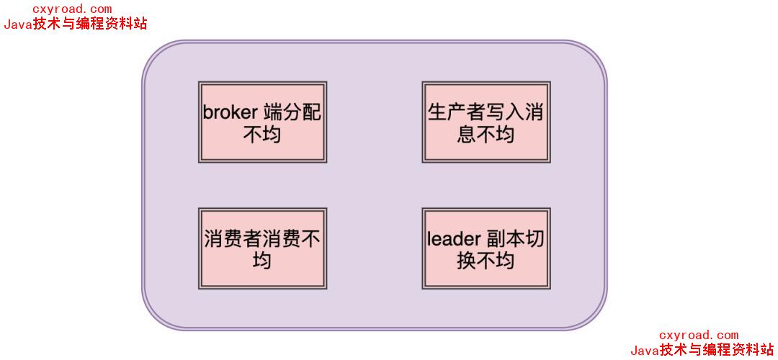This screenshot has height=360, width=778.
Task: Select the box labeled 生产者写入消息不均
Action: click(x=486, y=122)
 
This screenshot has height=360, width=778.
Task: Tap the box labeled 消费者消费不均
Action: click(x=262, y=249)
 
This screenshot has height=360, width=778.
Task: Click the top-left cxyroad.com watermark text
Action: click(x=72, y=9)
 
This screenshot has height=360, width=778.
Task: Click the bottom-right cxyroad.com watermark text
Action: click(x=699, y=335)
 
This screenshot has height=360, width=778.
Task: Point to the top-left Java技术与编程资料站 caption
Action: click(x=76, y=24)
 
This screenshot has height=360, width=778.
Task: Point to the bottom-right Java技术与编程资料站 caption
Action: click(x=702, y=351)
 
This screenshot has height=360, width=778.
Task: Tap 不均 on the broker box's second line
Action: click(x=262, y=134)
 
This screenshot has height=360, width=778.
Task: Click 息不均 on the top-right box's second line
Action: click(x=486, y=134)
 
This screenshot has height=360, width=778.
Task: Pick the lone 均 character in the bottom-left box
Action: click(x=262, y=260)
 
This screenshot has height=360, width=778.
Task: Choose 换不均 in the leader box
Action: click(x=486, y=260)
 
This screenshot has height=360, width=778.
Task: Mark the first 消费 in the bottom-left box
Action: click(x=223, y=239)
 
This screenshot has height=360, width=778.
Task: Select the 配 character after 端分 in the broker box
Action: click(x=312, y=113)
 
